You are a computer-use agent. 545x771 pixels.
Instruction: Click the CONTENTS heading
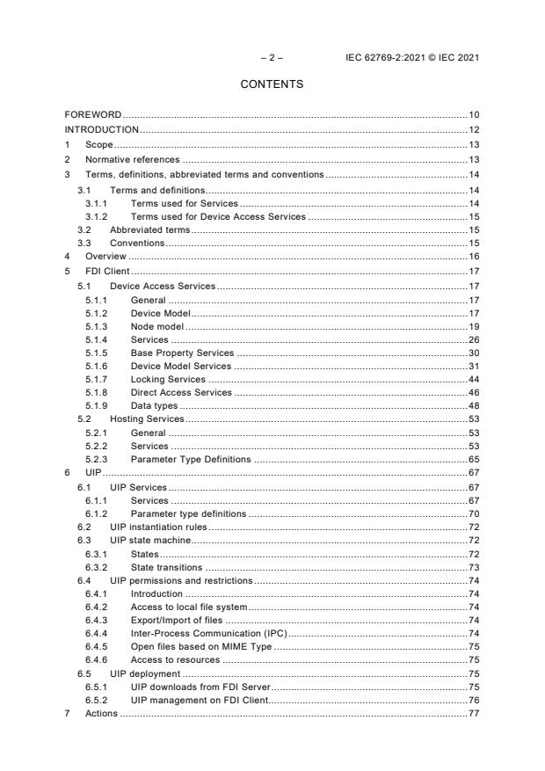point(272,84)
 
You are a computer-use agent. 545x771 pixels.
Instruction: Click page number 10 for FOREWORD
point(473,115)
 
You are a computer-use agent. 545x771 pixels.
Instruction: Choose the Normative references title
point(132,159)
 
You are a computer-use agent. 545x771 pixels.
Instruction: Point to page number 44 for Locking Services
point(473,380)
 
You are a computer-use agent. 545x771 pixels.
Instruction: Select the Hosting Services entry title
point(147,419)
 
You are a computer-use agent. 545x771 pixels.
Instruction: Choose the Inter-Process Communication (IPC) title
point(209,633)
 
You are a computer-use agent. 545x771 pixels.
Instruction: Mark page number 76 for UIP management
point(473,701)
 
